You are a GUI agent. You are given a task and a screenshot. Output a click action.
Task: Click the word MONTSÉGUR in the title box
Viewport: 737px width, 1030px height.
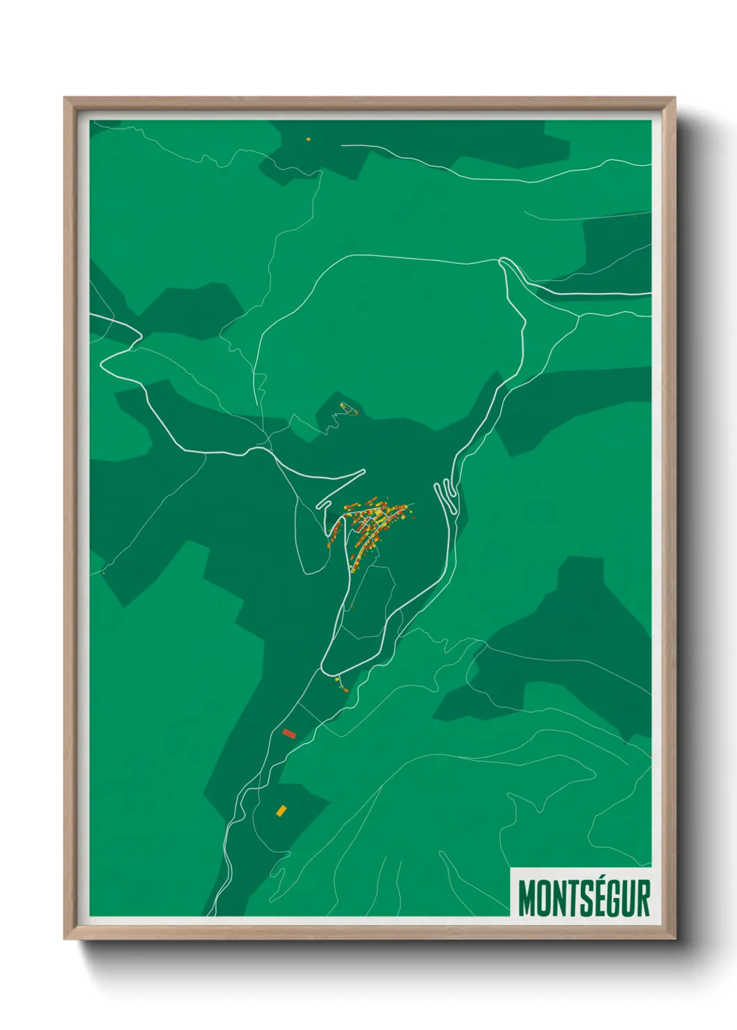(x=584, y=898)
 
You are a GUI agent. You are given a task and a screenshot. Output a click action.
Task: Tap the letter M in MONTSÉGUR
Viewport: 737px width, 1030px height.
(x=526, y=898)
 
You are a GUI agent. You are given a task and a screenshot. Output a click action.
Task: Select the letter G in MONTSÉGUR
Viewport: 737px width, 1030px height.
(x=607, y=898)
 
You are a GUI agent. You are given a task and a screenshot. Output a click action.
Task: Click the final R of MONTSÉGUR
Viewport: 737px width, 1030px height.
(x=642, y=898)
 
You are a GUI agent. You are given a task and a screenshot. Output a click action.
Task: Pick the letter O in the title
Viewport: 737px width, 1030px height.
(x=544, y=898)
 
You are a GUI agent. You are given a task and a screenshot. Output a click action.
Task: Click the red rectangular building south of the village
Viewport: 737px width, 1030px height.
(x=289, y=733)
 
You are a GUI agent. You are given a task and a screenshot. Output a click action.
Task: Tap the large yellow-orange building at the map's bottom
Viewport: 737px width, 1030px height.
(x=281, y=810)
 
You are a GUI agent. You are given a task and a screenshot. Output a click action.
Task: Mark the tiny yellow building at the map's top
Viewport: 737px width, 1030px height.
(x=308, y=139)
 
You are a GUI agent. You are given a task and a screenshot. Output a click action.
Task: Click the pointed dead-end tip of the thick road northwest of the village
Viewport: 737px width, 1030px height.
(x=364, y=471)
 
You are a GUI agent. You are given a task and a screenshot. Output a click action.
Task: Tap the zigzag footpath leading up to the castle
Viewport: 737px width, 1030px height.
(x=333, y=420)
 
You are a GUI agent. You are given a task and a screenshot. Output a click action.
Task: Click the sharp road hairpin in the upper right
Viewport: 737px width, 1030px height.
(x=503, y=262)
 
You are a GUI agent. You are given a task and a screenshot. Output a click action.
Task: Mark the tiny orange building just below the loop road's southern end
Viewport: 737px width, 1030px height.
(x=345, y=689)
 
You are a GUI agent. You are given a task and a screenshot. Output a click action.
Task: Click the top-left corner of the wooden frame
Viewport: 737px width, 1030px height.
(x=65, y=99)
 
